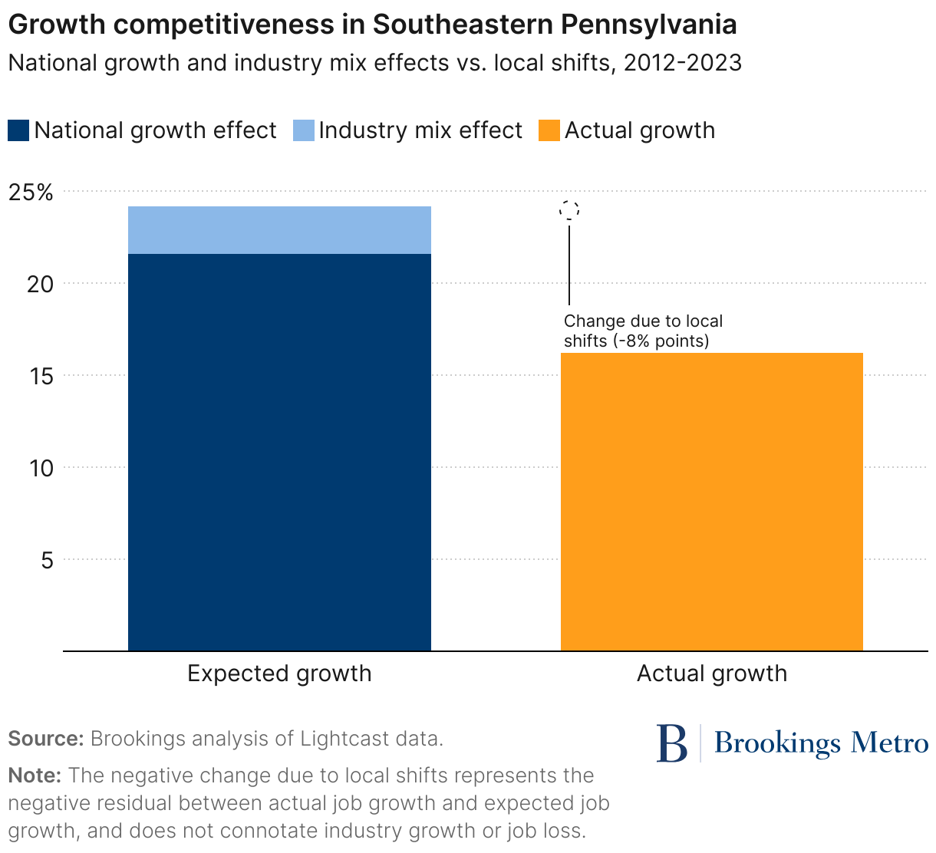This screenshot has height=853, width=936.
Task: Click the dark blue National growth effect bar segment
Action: click(x=279, y=452)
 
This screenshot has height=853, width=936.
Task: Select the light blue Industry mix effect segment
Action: click(x=279, y=230)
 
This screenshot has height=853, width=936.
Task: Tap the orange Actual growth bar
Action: click(x=711, y=502)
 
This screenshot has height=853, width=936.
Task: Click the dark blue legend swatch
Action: click(x=19, y=130)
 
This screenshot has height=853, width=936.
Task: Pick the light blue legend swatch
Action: click(x=304, y=130)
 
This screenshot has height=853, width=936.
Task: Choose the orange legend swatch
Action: click(x=549, y=130)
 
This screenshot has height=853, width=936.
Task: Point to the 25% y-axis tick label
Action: click(x=31, y=192)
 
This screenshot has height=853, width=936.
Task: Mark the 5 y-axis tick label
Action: click(x=47, y=560)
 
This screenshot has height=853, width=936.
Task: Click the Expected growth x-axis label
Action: click(x=279, y=674)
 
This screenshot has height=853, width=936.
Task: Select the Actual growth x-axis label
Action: click(x=711, y=674)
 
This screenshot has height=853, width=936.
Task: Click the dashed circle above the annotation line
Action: click(x=569, y=209)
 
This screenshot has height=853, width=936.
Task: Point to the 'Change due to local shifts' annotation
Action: click(x=643, y=331)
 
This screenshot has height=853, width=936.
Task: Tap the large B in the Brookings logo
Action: click(x=671, y=743)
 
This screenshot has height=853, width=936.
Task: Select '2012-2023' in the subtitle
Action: click(x=682, y=62)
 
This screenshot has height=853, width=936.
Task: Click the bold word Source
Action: click(x=45, y=739)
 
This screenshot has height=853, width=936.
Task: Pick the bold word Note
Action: click(x=35, y=776)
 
